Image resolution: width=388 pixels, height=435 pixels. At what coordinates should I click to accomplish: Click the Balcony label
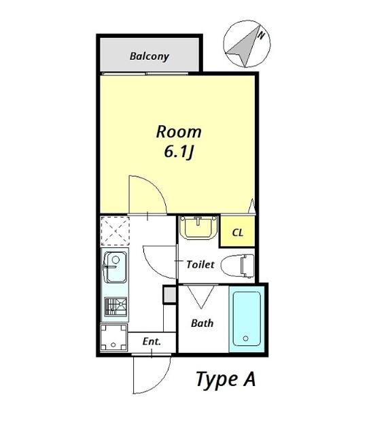[x=149, y=56]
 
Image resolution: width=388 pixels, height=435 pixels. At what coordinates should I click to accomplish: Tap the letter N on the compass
[x=261, y=35]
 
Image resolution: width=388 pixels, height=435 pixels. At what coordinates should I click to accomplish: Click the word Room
[x=179, y=132]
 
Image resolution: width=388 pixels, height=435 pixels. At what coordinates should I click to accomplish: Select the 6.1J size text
[x=179, y=152]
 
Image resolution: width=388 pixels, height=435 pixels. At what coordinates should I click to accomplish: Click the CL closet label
[x=238, y=232]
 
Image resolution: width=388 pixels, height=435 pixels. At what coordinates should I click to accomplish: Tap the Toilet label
[x=200, y=264]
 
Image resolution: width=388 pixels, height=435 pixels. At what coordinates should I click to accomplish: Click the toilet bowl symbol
[x=237, y=266]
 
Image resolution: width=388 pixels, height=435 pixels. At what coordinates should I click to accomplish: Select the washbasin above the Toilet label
[x=198, y=226]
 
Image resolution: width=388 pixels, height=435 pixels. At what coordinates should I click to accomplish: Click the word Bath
[x=202, y=324]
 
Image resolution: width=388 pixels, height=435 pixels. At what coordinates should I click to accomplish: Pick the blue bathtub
[x=247, y=319]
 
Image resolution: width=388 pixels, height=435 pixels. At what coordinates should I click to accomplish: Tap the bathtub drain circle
[x=246, y=338]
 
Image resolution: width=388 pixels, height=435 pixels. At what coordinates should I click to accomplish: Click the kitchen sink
[x=115, y=267]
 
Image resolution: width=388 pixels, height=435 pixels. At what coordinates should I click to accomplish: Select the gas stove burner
[x=116, y=307]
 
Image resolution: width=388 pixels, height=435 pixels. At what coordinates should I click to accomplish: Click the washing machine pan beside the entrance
[x=113, y=338]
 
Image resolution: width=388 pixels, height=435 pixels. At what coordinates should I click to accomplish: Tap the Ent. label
[x=152, y=341]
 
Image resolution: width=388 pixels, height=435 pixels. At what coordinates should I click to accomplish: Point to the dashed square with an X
[x=115, y=231]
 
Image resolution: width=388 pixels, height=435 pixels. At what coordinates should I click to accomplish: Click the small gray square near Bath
[x=169, y=294]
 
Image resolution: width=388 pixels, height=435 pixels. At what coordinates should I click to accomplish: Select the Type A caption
[x=226, y=379]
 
